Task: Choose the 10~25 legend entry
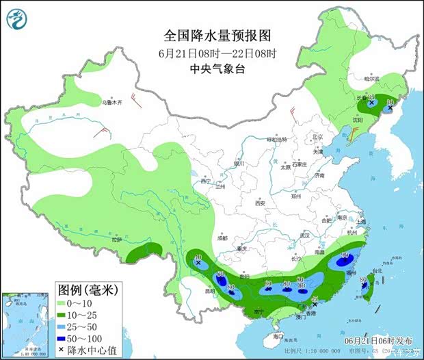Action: pyautogui.click(x=91, y=315)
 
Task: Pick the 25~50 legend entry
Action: pyautogui.click(x=91, y=327)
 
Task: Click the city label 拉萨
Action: pyautogui.click(x=117, y=240)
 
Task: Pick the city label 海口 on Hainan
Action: pyautogui.click(x=276, y=337)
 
